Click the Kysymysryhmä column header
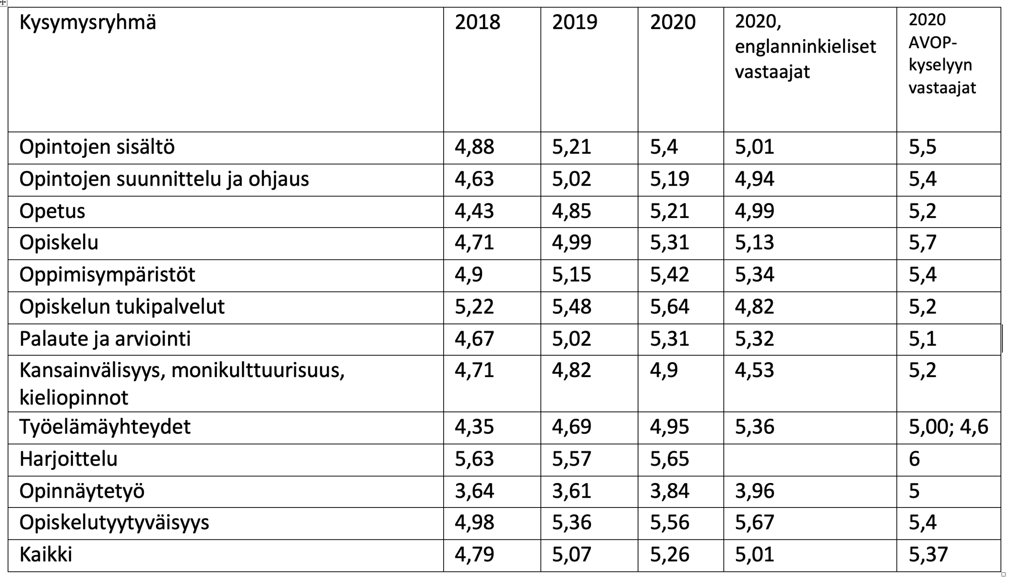87,22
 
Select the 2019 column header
574,22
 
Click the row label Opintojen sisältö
97,147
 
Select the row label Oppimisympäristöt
107,275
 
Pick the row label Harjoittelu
68,459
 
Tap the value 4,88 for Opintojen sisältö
474,147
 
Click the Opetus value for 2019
571,211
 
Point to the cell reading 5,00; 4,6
948,427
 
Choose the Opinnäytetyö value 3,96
754,491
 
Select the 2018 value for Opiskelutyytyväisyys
474,523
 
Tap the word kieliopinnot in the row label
74,398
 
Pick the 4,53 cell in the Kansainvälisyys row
754,370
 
